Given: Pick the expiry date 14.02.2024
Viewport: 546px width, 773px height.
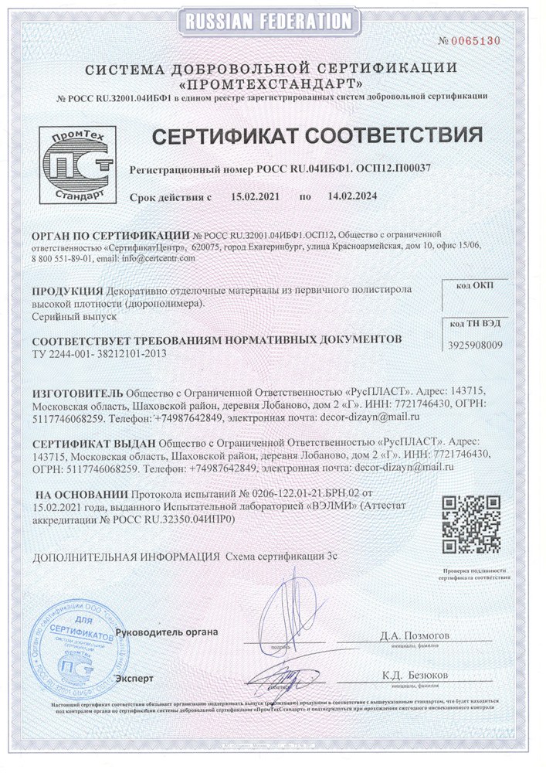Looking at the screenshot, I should tap(352, 196).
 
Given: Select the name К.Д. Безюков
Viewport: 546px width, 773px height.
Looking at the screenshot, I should tap(414, 675).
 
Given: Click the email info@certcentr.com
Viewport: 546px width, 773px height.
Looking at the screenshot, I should tap(158, 258).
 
